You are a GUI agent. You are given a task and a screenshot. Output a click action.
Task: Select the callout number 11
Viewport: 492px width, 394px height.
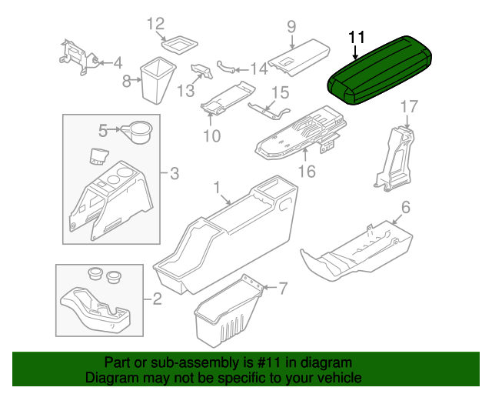[x=357, y=38]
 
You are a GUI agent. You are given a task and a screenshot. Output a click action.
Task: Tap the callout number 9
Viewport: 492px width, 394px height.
[x=291, y=27]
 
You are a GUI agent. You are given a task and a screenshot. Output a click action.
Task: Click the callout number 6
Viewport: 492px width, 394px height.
[x=405, y=207]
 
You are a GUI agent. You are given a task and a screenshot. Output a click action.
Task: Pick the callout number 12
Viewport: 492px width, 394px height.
[x=156, y=24]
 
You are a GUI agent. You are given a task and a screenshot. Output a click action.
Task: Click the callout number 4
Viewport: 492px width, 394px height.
[x=118, y=62]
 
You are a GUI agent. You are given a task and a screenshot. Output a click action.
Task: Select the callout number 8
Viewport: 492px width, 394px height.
[x=128, y=79]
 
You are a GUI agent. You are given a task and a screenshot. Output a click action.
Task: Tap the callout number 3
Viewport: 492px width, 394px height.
[x=174, y=174]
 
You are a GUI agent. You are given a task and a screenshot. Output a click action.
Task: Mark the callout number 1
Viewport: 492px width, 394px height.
[x=217, y=187]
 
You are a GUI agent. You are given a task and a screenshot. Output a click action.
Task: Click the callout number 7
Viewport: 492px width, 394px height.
[x=282, y=289]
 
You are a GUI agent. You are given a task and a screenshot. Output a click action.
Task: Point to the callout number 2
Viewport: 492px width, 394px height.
[x=157, y=298]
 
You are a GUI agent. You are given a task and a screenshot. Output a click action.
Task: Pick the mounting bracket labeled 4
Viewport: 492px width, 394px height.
[x=75, y=55]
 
